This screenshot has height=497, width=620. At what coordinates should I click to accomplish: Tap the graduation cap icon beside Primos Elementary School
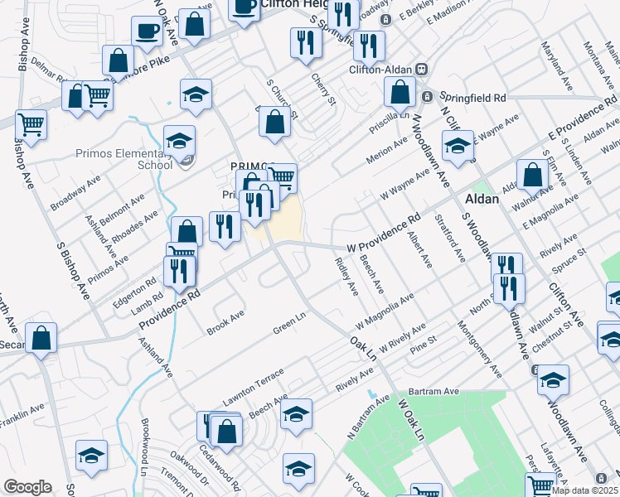178,142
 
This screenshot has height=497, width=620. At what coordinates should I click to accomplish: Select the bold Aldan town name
482,200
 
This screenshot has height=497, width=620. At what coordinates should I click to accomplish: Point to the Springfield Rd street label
472,97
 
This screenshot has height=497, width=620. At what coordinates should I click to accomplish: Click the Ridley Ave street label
346,277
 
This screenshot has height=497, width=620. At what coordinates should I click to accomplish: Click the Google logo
27,487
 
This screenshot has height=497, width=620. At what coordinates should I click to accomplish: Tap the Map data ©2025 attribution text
584,490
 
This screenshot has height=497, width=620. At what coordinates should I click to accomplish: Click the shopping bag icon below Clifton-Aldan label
400,95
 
